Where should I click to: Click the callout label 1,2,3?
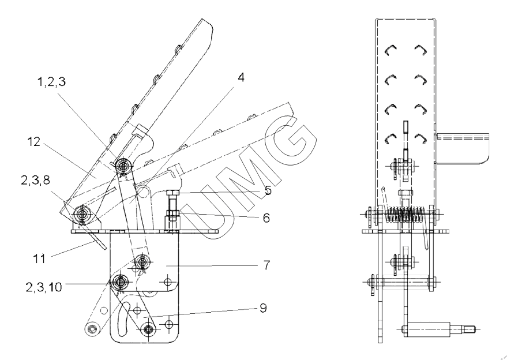click(52, 82)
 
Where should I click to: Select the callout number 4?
click(241, 78)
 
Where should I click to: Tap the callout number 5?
click(268, 190)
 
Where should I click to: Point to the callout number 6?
click(266, 218)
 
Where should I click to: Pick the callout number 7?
click(266, 265)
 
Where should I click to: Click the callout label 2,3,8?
click(36, 180)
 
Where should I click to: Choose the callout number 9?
click(264, 308)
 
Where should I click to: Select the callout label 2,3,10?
click(44, 287)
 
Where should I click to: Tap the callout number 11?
click(39, 259)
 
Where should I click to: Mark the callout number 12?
click(34, 142)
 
